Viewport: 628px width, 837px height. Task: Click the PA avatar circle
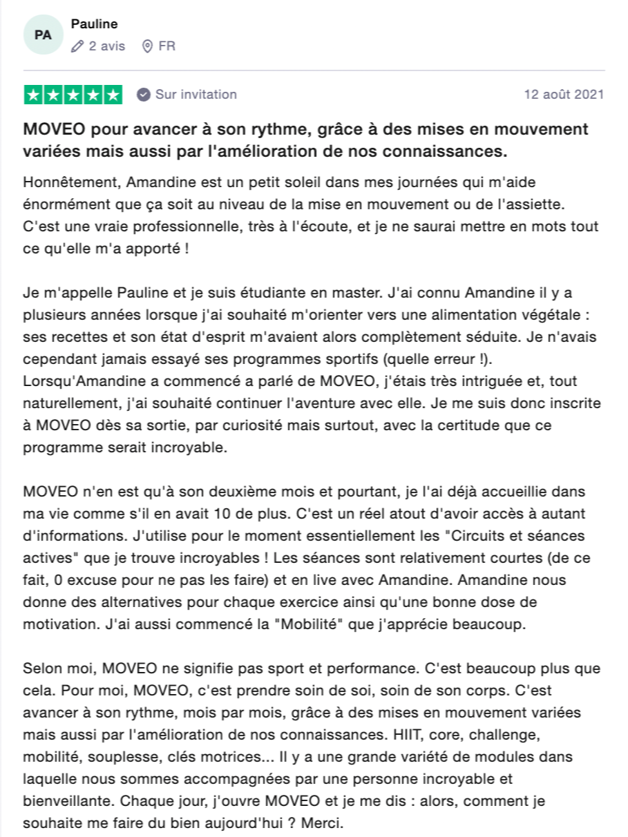tap(43, 34)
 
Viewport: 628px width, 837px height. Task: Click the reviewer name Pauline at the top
tap(95, 24)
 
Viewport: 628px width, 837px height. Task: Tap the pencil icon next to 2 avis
tap(77, 46)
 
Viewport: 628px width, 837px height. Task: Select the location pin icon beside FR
tap(146, 46)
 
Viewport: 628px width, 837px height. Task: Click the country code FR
tap(166, 46)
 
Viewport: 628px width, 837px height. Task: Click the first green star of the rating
tap(33, 95)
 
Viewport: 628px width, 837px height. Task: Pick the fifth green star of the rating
tap(113, 95)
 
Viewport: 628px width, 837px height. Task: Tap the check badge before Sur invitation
tap(144, 95)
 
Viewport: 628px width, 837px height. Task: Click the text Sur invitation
tap(196, 95)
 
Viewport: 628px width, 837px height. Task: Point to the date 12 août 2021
tap(564, 95)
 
